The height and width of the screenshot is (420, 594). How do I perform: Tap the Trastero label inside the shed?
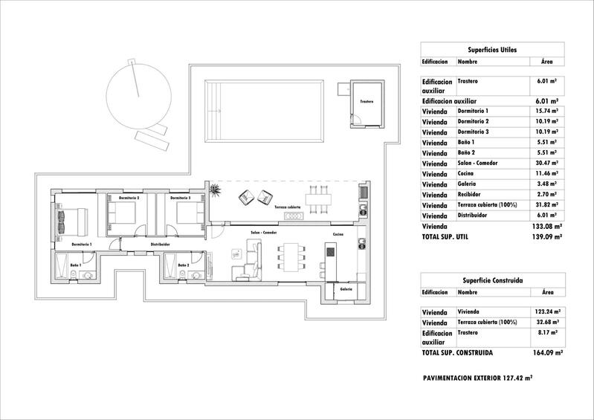click(x=367, y=101)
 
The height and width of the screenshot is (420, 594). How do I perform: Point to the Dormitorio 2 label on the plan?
click(x=129, y=198)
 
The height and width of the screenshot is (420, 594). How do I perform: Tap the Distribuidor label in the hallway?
click(x=161, y=244)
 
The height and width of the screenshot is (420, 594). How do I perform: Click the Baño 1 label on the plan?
click(x=76, y=265)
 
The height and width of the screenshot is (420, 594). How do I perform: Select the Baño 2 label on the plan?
click(x=183, y=265)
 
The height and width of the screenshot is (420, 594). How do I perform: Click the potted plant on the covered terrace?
click(x=216, y=191)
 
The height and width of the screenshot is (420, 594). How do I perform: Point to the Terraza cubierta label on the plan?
click(x=288, y=207)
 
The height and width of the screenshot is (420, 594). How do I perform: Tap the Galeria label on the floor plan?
click(x=346, y=289)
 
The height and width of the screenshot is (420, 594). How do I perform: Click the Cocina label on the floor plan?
click(x=338, y=234)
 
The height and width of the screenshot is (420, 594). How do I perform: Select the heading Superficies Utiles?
click(x=492, y=49)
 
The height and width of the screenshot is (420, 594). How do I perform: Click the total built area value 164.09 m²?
click(x=548, y=353)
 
